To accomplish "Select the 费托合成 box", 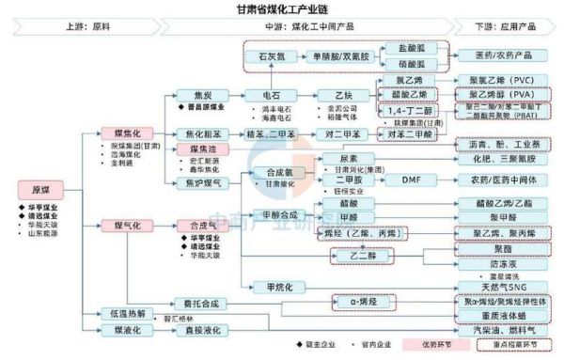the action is tap(200, 304).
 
